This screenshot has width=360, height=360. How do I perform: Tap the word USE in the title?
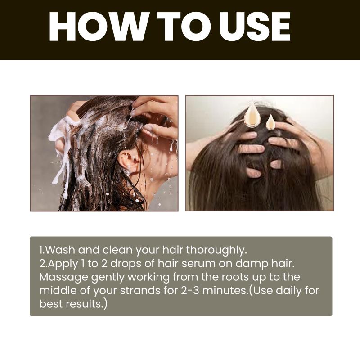(x=255, y=27)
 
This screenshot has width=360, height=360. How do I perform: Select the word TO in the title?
(x=184, y=27)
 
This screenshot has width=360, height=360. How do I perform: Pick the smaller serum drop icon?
(x=270, y=121)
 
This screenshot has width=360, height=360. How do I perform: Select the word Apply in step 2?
(x=63, y=264)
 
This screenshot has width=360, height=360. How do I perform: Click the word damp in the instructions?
(x=252, y=264)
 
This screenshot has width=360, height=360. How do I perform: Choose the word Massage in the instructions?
(x=64, y=278)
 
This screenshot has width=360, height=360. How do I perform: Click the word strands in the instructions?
(x=140, y=291)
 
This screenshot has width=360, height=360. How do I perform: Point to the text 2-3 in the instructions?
(x=190, y=291)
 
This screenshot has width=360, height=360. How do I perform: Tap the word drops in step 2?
(x=126, y=264)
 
